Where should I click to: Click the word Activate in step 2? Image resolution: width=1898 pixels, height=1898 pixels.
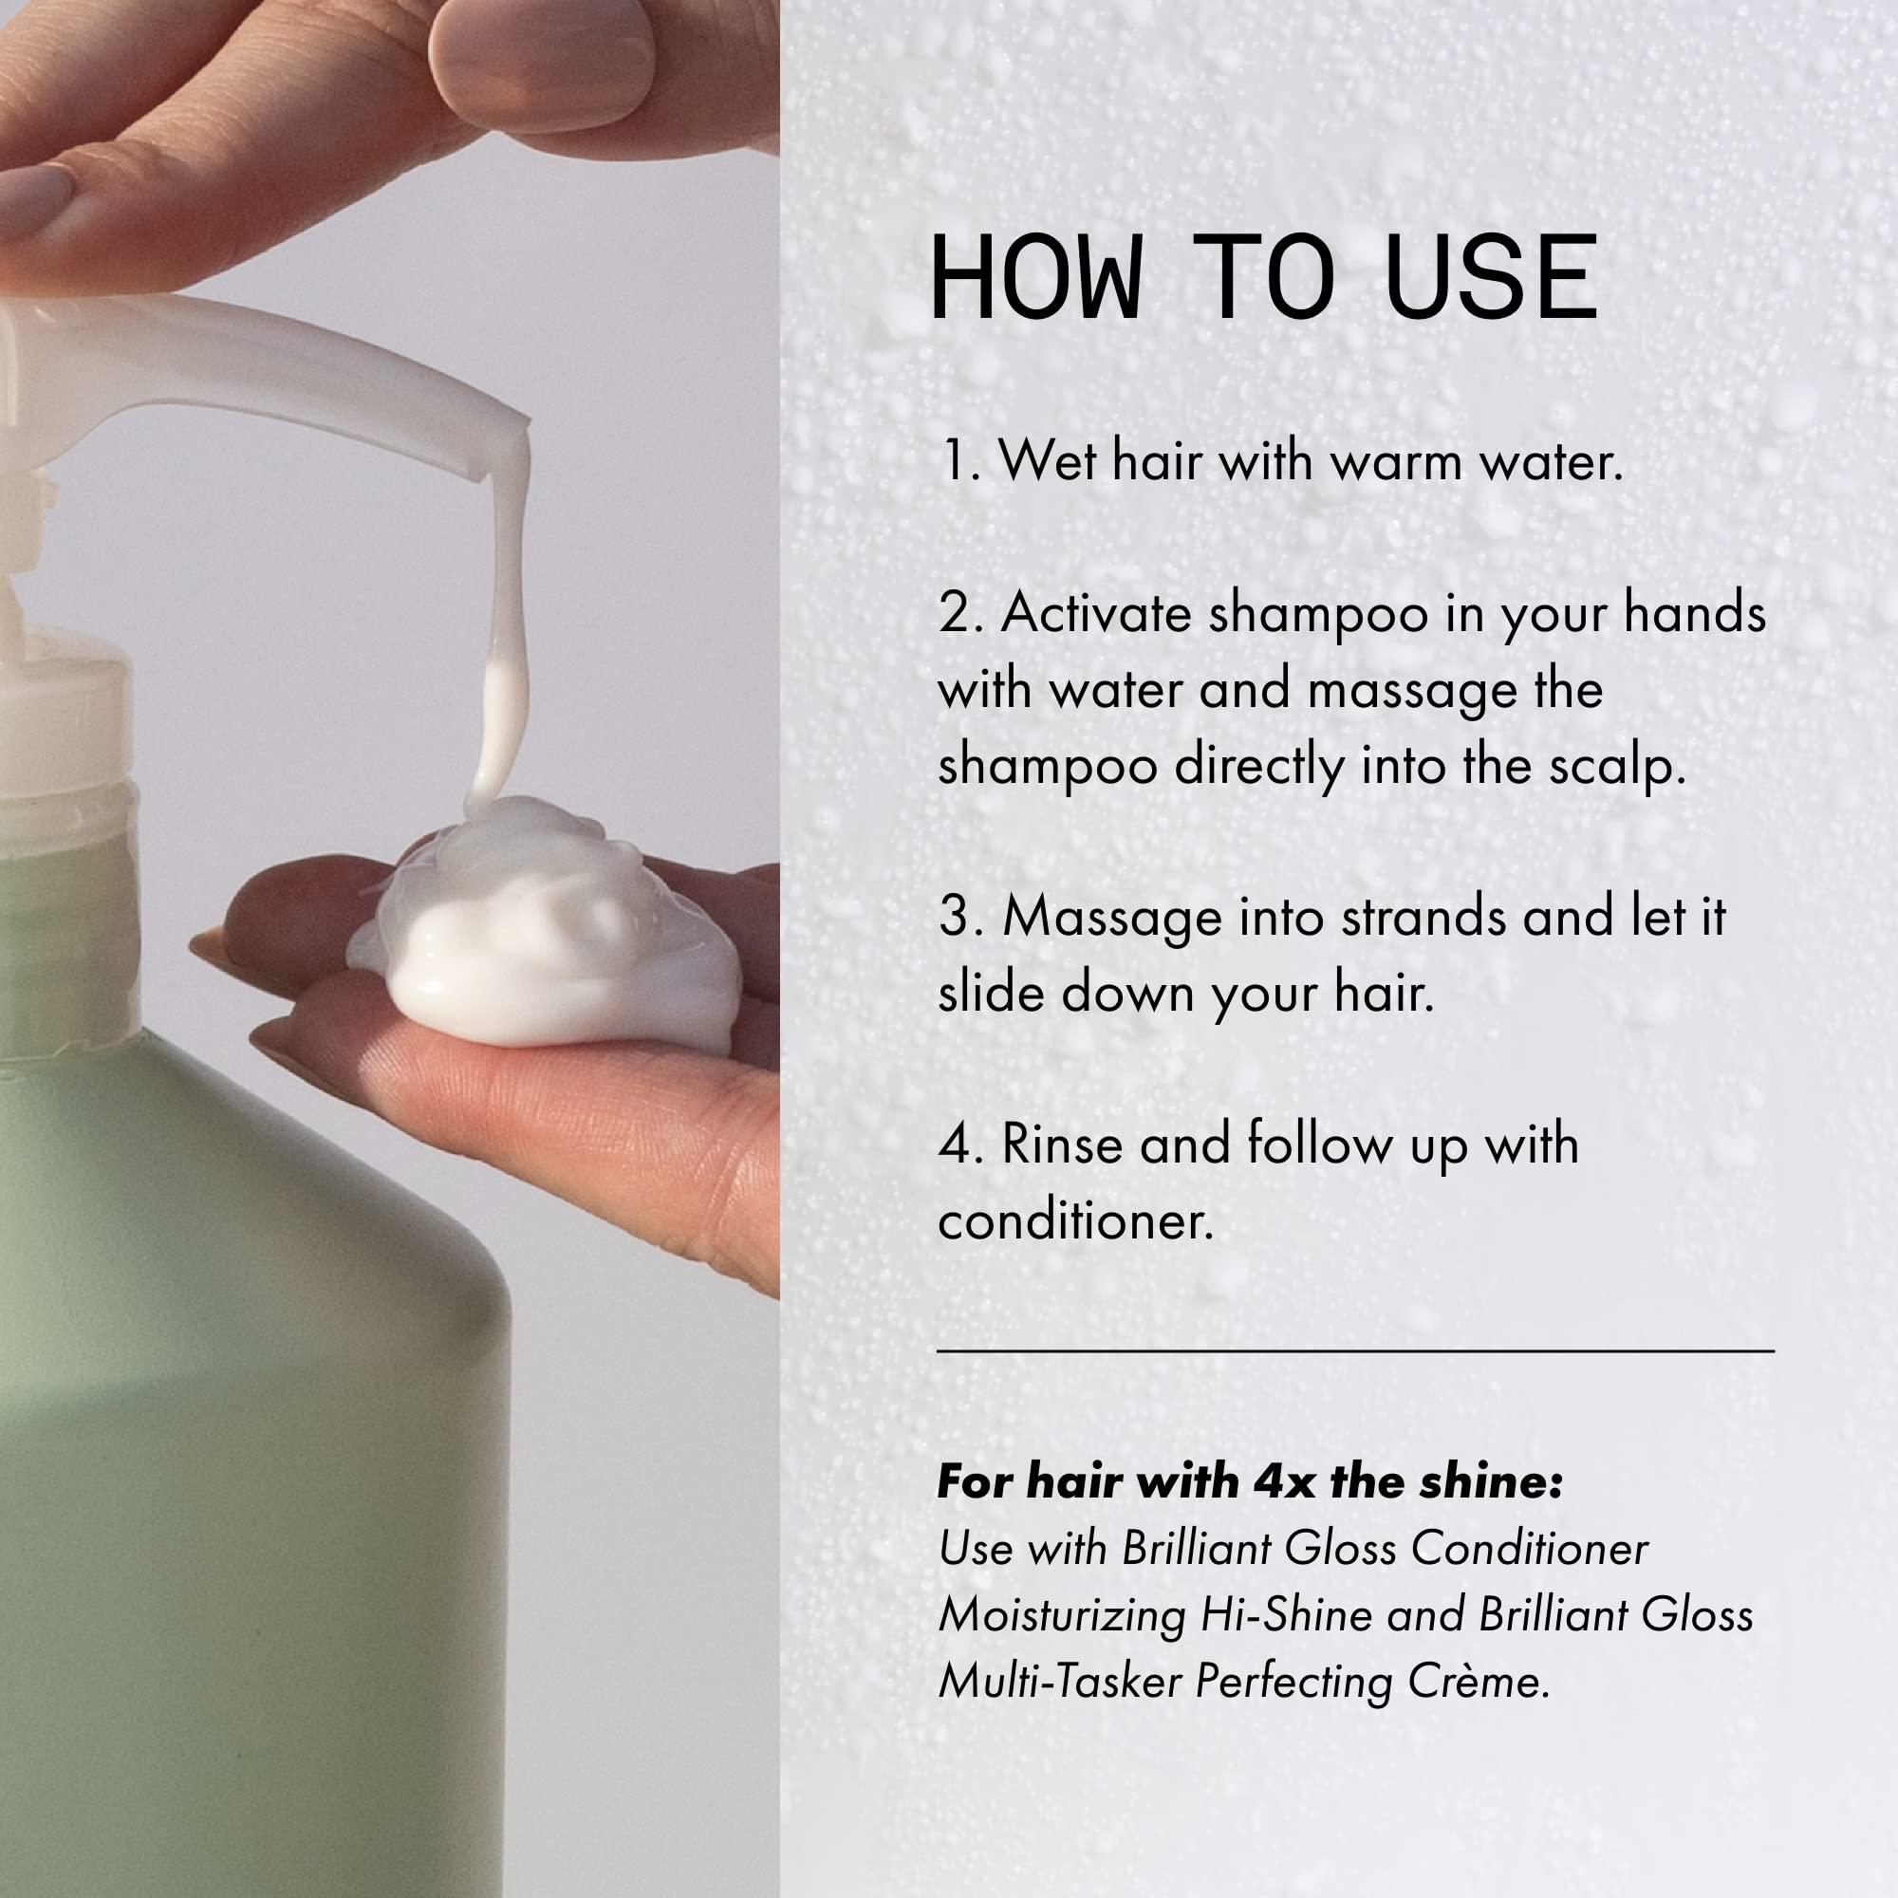(1096, 613)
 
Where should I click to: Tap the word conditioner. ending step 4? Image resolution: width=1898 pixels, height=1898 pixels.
(1076, 1222)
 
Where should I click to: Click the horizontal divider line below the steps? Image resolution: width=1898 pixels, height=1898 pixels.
(1356, 1351)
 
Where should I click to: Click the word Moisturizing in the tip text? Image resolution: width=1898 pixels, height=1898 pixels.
(1061, 1615)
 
